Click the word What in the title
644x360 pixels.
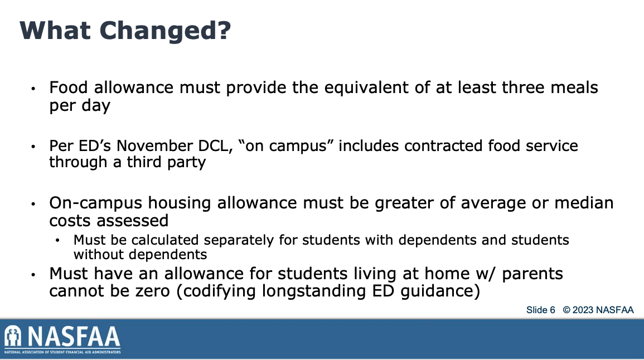(x=55, y=31)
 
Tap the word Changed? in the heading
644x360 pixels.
(x=165, y=31)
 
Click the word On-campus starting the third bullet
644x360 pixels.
(x=96, y=203)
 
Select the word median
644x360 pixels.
(x=584, y=203)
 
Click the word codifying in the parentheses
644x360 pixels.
(x=220, y=291)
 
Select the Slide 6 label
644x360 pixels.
(x=540, y=310)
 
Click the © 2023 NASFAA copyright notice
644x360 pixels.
(x=598, y=310)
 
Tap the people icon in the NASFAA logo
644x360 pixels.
(x=13, y=336)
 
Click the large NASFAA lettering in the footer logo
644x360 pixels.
(x=74, y=337)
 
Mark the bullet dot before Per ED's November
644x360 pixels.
(x=33, y=147)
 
